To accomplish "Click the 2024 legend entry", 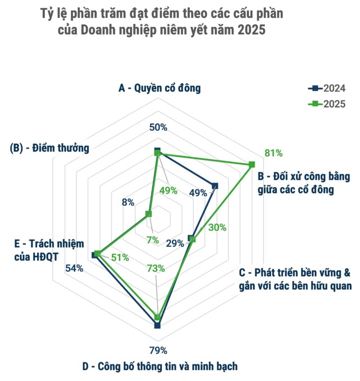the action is click(x=327, y=89).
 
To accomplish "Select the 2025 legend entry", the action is click(x=327, y=104).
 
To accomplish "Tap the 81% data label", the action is click(x=273, y=153).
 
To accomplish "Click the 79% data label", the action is click(x=158, y=350).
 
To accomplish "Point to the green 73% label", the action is click(x=156, y=269).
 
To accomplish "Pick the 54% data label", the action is click(x=74, y=269).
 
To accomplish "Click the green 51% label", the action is click(x=120, y=257).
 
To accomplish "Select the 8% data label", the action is click(x=128, y=202).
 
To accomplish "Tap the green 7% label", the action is click(x=152, y=240).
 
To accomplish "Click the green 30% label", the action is click(x=217, y=227).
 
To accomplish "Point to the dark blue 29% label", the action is click(x=175, y=243).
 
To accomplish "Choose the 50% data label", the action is click(x=158, y=127).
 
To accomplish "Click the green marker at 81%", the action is click(x=252, y=164).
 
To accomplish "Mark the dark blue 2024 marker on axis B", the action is click(x=215, y=186).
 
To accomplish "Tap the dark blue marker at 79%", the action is click(x=157, y=326).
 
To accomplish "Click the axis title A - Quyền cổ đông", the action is click(x=160, y=88).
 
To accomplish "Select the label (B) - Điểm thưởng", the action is click(x=50, y=148).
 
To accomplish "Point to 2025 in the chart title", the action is click(x=252, y=30).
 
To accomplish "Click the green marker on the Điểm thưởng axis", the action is click(x=148, y=214).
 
